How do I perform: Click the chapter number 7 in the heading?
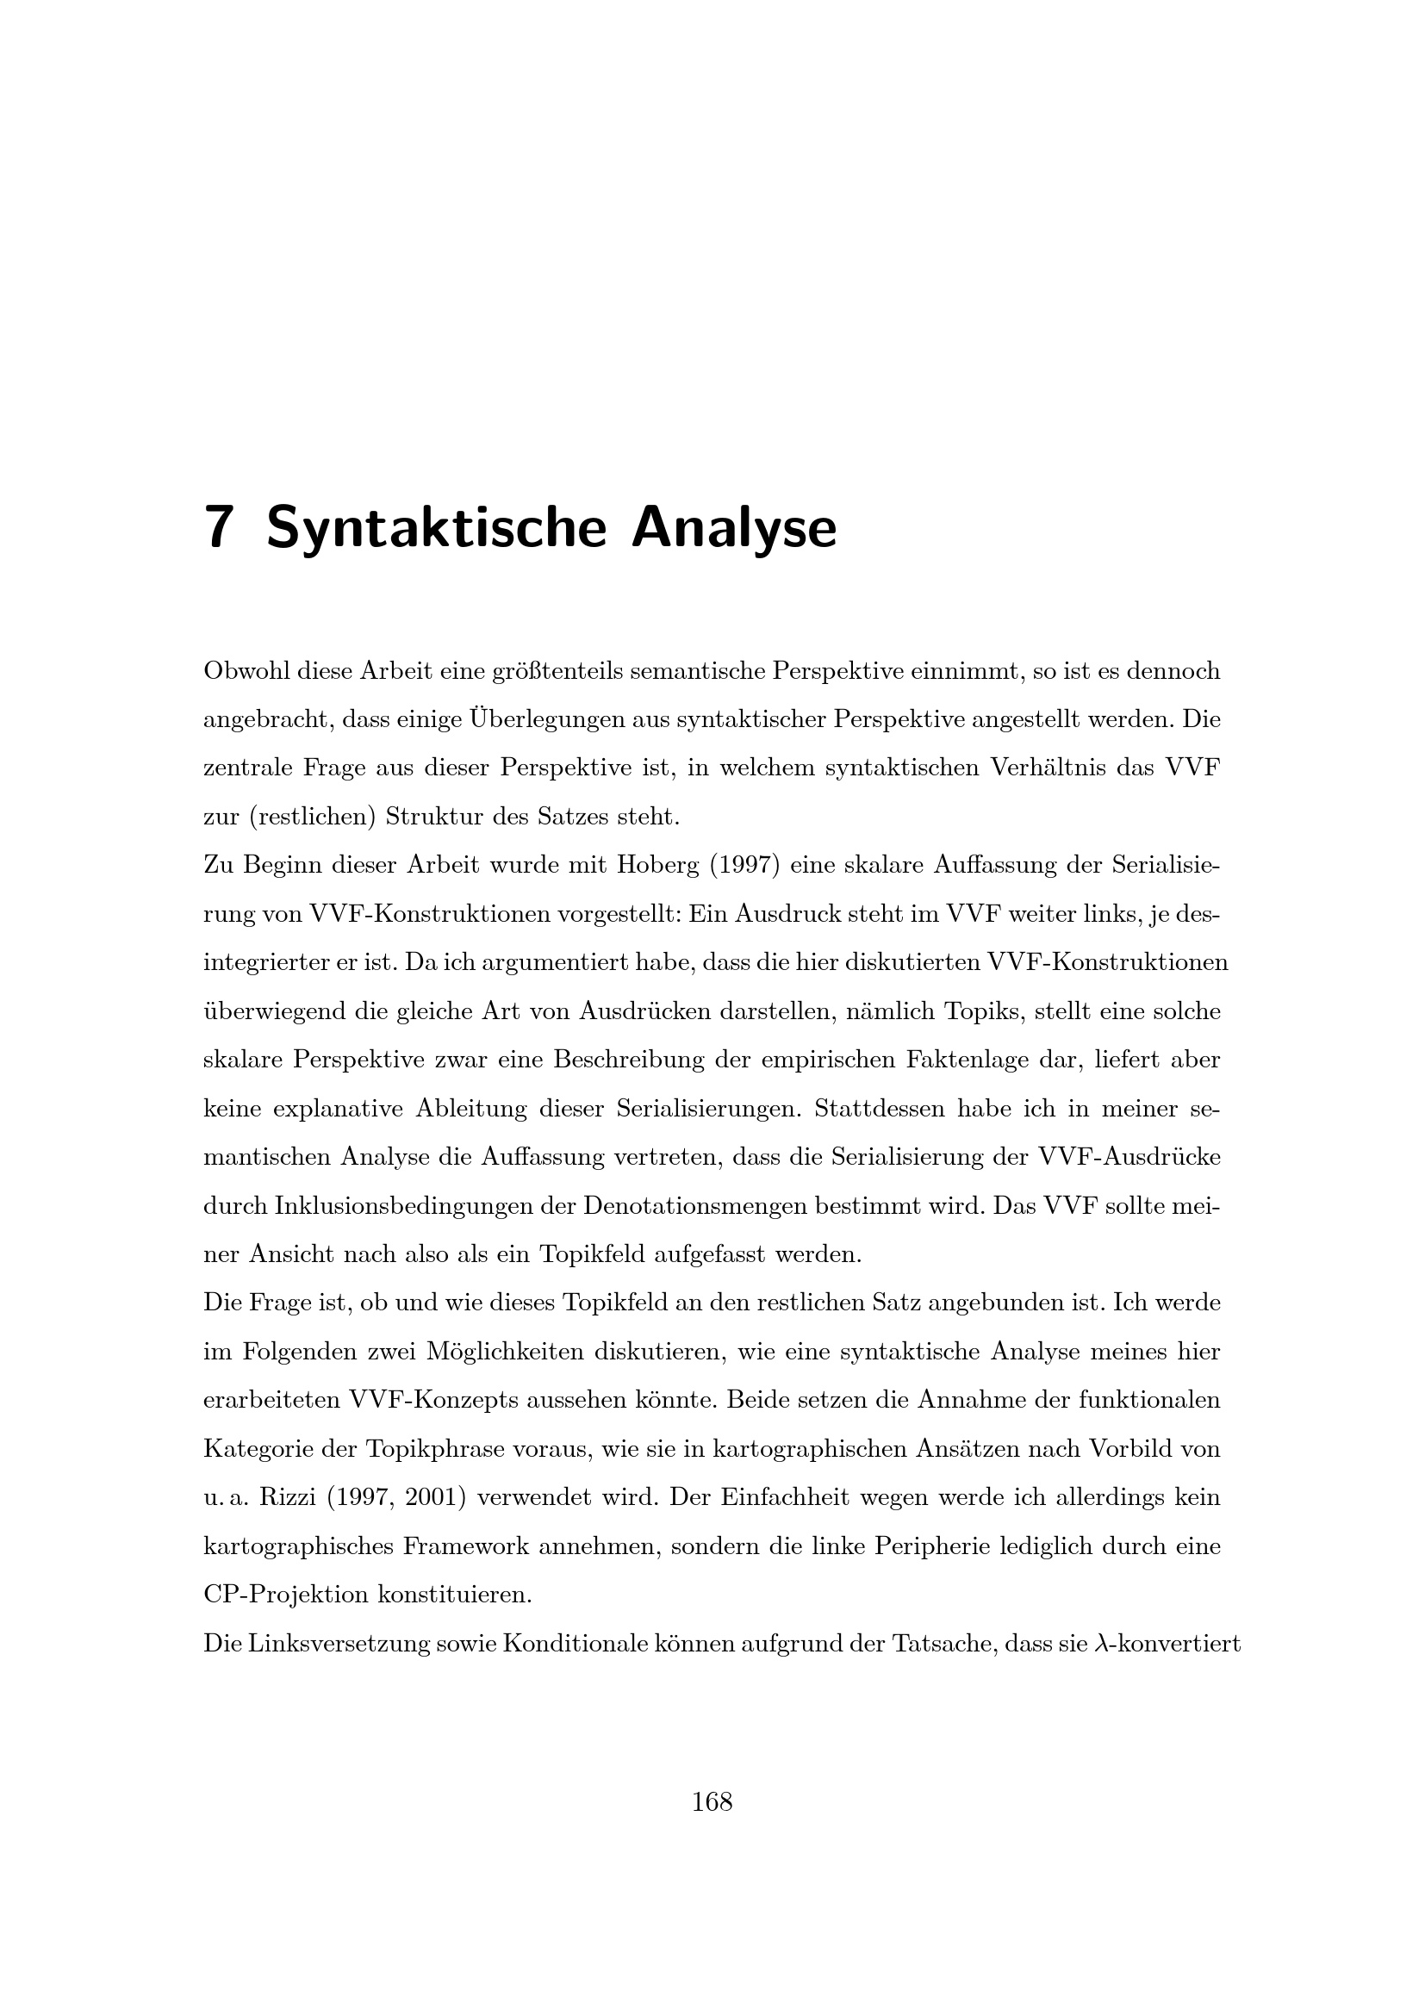tap(219, 528)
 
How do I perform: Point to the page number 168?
tap(712, 1801)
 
